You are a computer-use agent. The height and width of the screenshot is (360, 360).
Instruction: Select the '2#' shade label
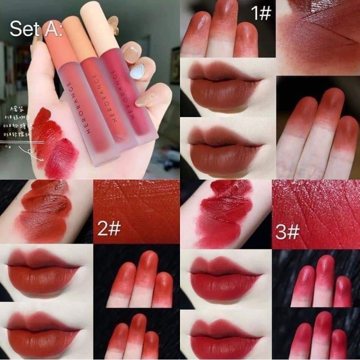109,229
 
